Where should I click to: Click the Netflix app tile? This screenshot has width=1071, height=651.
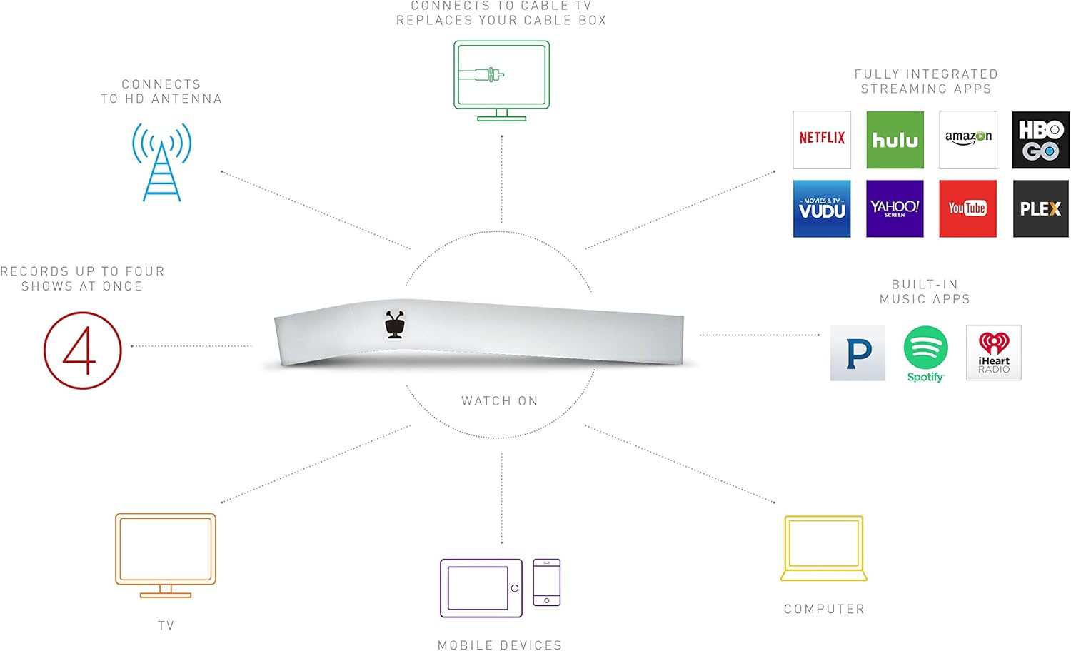click(822, 139)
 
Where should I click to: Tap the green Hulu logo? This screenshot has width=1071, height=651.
click(895, 139)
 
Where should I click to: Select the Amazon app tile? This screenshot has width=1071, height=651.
click(968, 139)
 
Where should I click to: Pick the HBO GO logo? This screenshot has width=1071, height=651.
click(1041, 139)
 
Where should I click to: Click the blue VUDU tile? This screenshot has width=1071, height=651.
click(822, 208)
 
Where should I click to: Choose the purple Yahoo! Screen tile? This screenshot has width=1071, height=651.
click(895, 208)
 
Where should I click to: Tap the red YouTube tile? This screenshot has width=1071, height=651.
click(968, 208)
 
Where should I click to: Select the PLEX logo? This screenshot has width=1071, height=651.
click(1041, 208)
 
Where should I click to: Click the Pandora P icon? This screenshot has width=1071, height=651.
click(858, 353)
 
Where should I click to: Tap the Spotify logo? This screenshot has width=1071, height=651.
click(925, 353)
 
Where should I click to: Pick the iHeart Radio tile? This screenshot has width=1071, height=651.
click(994, 353)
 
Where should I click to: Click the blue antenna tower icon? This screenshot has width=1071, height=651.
click(162, 162)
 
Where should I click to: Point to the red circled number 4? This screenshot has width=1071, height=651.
click(83, 350)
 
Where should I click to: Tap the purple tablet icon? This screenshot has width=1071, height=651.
click(481, 588)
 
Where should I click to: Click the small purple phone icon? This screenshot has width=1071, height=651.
click(547, 582)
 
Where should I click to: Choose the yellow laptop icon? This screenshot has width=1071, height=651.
click(824, 548)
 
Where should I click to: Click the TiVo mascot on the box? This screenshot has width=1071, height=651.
click(395, 324)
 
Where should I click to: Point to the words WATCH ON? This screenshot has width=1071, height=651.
click(500, 401)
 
